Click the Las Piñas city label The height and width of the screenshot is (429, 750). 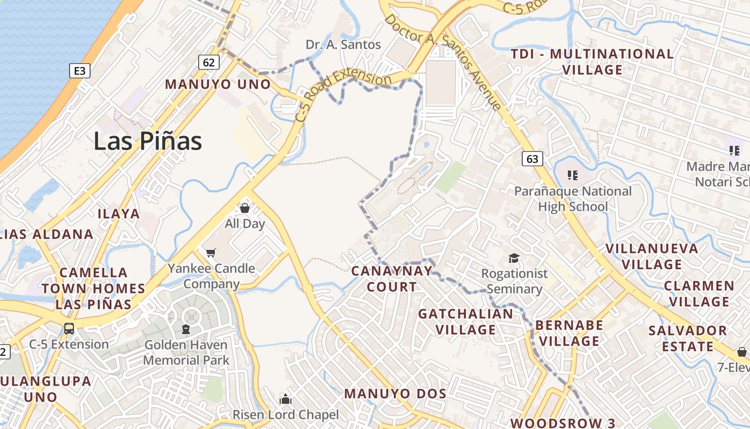pos(148,141)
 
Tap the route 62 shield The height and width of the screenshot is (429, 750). pos(209,62)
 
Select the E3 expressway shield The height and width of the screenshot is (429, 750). pos(80,71)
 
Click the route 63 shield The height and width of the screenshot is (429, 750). pos(532,159)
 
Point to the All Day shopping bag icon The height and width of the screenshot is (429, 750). pos(245,208)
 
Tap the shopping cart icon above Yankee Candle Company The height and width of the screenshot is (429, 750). pos(211,252)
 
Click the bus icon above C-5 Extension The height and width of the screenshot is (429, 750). pos(69,328)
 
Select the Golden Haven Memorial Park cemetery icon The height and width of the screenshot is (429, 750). pos(186,329)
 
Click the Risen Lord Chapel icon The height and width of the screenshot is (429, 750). pos(286,399)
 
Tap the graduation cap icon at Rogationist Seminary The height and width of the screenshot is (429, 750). pos(514,258)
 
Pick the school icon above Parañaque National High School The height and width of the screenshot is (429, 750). pos(573,175)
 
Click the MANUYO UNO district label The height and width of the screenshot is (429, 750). pos(218,84)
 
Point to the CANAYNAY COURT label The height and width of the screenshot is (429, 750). pos(392,279)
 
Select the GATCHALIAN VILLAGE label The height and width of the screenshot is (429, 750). pos(466,321)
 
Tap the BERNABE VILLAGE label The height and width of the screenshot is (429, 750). pos(569,333)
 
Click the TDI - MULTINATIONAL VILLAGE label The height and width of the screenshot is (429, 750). pos(592,62)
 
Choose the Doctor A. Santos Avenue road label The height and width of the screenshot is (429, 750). pos(444,62)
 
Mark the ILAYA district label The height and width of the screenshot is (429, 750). pos(118,214)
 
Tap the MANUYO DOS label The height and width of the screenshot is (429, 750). pos(395,394)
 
